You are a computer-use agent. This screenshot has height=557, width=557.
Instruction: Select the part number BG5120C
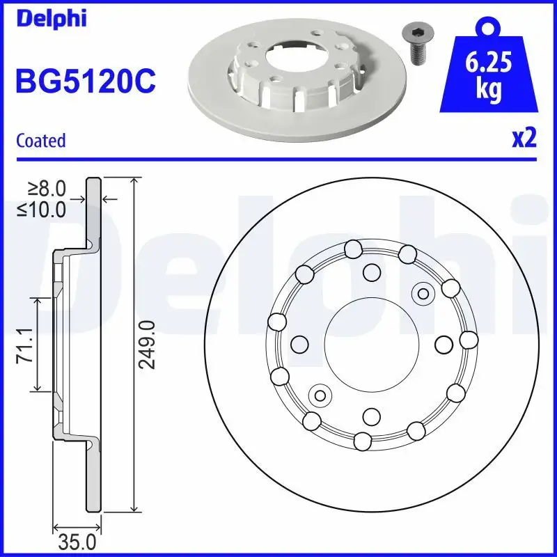point(86,82)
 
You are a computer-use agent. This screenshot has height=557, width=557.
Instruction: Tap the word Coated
point(40,141)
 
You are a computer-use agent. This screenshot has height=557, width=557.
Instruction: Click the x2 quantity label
point(524,139)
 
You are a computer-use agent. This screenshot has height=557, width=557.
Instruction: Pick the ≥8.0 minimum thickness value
point(47,188)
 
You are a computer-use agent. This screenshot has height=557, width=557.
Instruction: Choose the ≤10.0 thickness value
point(43,208)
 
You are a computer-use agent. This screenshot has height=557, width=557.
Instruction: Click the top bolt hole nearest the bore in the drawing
point(372,272)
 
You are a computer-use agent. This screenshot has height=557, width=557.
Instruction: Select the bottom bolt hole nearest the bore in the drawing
point(371,416)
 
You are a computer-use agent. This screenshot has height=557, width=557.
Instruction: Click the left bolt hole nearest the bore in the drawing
point(299,344)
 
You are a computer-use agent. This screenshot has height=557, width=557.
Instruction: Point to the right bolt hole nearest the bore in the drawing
point(444,343)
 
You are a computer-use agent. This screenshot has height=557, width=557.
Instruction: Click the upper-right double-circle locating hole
point(422,293)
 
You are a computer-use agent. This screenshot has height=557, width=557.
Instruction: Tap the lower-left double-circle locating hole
point(320,395)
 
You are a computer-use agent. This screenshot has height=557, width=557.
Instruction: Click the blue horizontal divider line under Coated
point(278,159)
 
